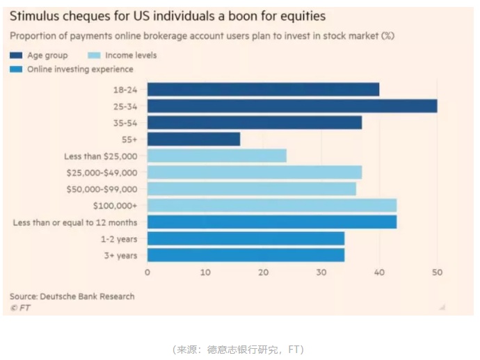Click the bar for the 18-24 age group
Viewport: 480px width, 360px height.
click(263, 89)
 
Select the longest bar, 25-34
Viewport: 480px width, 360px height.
click(292, 106)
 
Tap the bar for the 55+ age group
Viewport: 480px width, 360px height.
click(193, 139)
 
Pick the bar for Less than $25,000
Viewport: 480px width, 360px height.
click(216, 156)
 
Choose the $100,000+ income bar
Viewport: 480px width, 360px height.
click(271, 205)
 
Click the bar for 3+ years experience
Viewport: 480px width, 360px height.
click(246, 255)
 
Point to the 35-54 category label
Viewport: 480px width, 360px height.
click(125, 122)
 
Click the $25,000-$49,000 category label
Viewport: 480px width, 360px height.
click(102, 172)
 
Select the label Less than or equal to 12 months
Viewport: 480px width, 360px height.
click(75, 222)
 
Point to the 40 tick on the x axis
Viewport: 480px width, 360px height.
click(379, 272)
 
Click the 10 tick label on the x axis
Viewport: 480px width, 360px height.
click(205, 272)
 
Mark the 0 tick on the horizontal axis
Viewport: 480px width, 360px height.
click(147, 272)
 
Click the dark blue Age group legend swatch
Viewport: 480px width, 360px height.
click(15, 55)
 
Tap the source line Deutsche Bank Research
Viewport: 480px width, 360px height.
click(72, 296)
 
